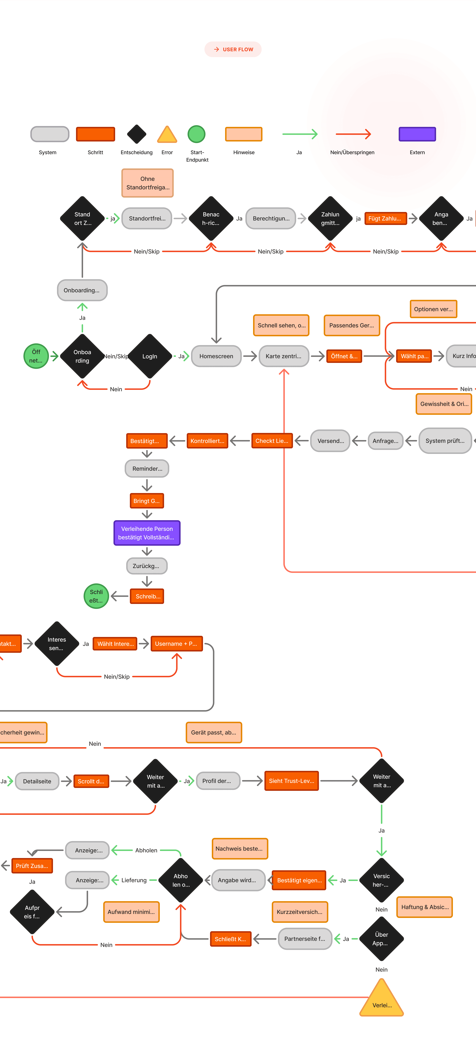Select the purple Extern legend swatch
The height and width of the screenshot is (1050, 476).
click(x=417, y=134)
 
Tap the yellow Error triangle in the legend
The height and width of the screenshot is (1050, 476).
click(x=167, y=135)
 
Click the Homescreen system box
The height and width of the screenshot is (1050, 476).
click(x=216, y=356)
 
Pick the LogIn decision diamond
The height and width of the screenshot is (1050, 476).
click(x=150, y=356)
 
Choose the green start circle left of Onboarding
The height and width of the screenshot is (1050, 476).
click(x=36, y=356)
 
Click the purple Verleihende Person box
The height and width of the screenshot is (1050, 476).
click(x=147, y=533)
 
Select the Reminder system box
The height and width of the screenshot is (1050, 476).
click(x=147, y=469)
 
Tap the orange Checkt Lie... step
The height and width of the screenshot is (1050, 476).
click(x=272, y=441)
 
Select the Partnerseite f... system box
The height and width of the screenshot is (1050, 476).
click(x=305, y=939)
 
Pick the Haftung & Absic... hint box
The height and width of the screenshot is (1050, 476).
click(x=425, y=907)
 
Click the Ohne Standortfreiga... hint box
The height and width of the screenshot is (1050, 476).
click(x=147, y=183)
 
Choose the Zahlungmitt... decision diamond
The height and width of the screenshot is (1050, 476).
click(x=330, y=218)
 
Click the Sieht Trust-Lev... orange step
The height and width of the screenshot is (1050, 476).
click(x=291, y=781)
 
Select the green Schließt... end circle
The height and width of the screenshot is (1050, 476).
click(x=96, y=596)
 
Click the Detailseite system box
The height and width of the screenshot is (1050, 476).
click(x=37, y=781)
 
